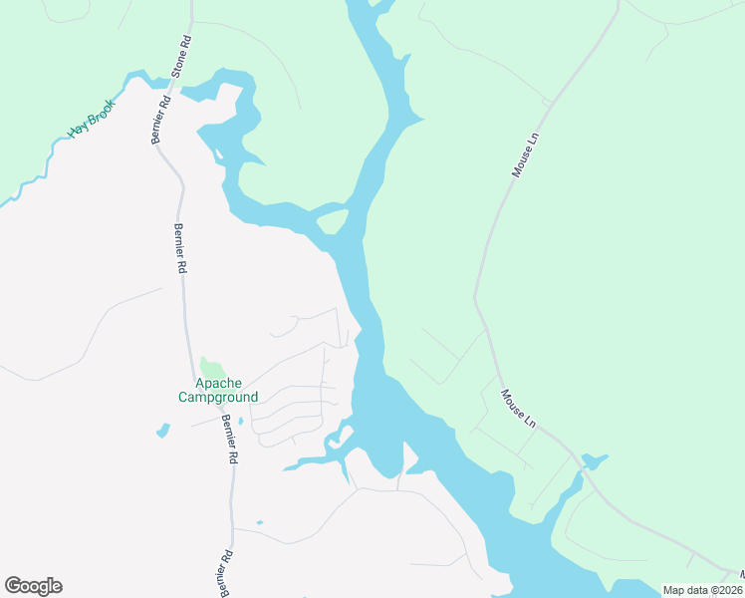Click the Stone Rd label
[x=181, y=59]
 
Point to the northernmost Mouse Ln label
[x=524, y=156]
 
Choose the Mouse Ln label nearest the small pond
[x=518, y=409]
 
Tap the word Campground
[x=218, y=397]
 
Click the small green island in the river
[x=334, y=220]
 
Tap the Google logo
[x=33, y=586]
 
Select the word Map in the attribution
[x=674, y=590]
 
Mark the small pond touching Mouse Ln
[x=594, y=461]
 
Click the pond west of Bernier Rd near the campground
[x=162, y=432]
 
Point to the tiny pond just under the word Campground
[x=242, y=421]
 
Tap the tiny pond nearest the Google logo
[x=259, y=522]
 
